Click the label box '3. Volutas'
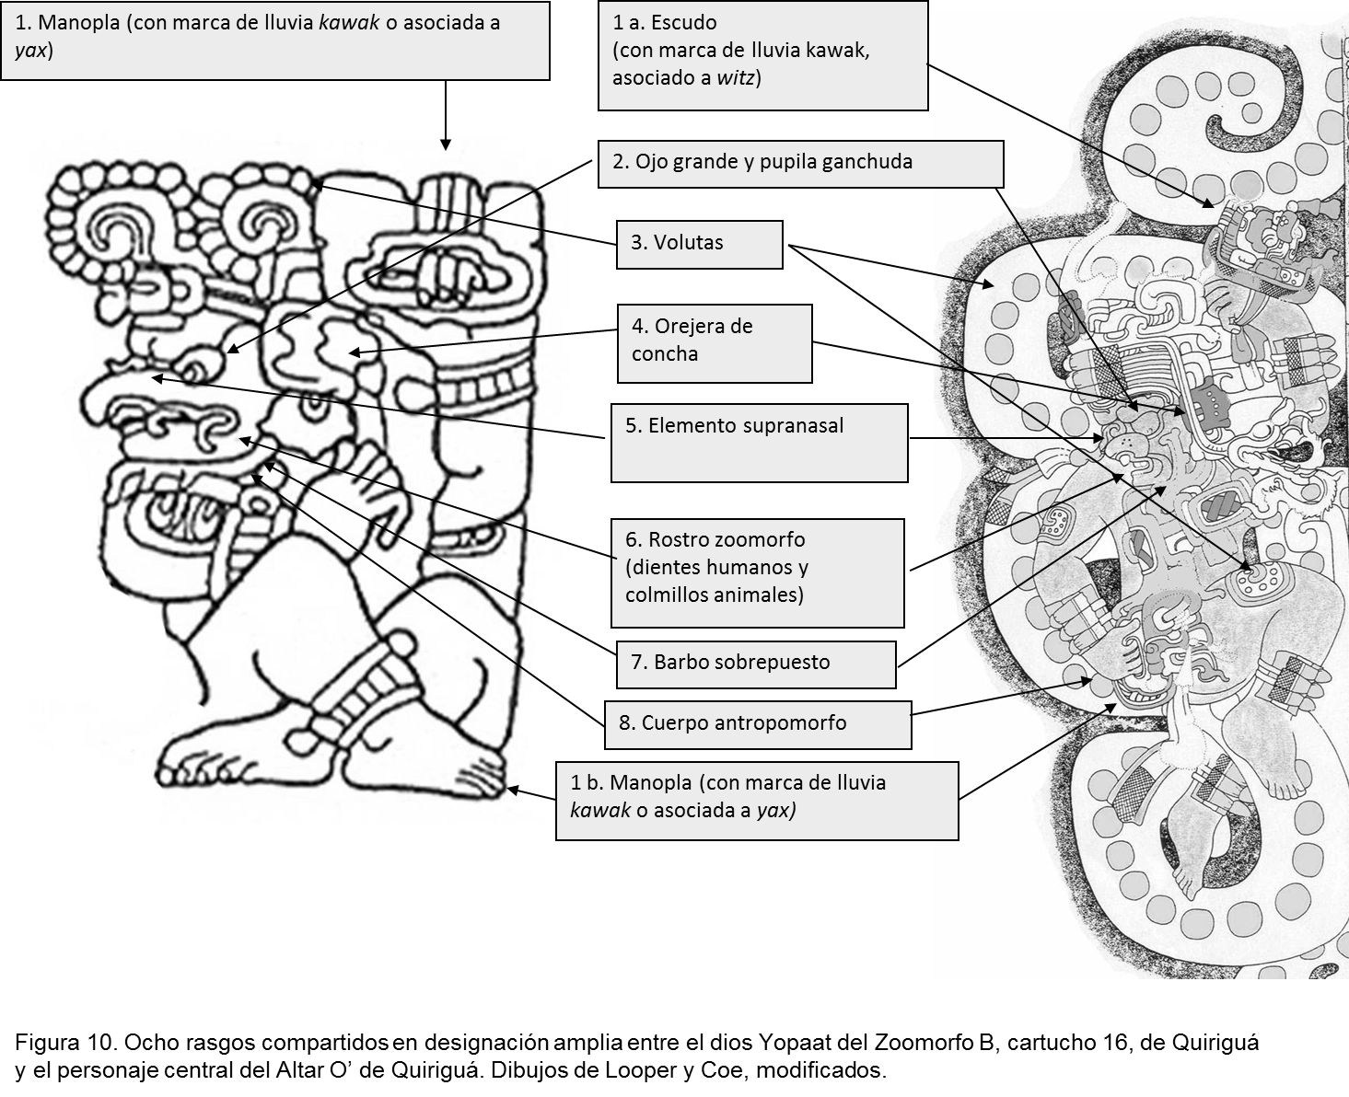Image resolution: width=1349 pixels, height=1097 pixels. point(699,245)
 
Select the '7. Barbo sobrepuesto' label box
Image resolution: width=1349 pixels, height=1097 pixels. point(756,664)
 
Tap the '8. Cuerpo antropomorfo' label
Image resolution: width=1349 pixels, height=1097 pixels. point(758,725)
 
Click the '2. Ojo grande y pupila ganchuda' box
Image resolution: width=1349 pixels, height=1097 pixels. point(800,164)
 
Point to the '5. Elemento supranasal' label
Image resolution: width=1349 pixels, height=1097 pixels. point(760,443)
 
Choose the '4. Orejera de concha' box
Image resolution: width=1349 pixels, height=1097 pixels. point(715,343)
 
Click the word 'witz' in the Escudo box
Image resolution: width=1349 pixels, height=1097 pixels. point(736,78)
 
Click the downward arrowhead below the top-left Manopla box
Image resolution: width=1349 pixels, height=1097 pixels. point(446,144)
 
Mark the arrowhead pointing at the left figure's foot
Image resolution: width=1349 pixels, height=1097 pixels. point(513,790)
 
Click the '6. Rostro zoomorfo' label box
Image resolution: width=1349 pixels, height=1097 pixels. point(758,573)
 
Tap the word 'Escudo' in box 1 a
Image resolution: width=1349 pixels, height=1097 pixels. point(684,23)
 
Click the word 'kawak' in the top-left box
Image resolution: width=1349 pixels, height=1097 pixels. point(349,23)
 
